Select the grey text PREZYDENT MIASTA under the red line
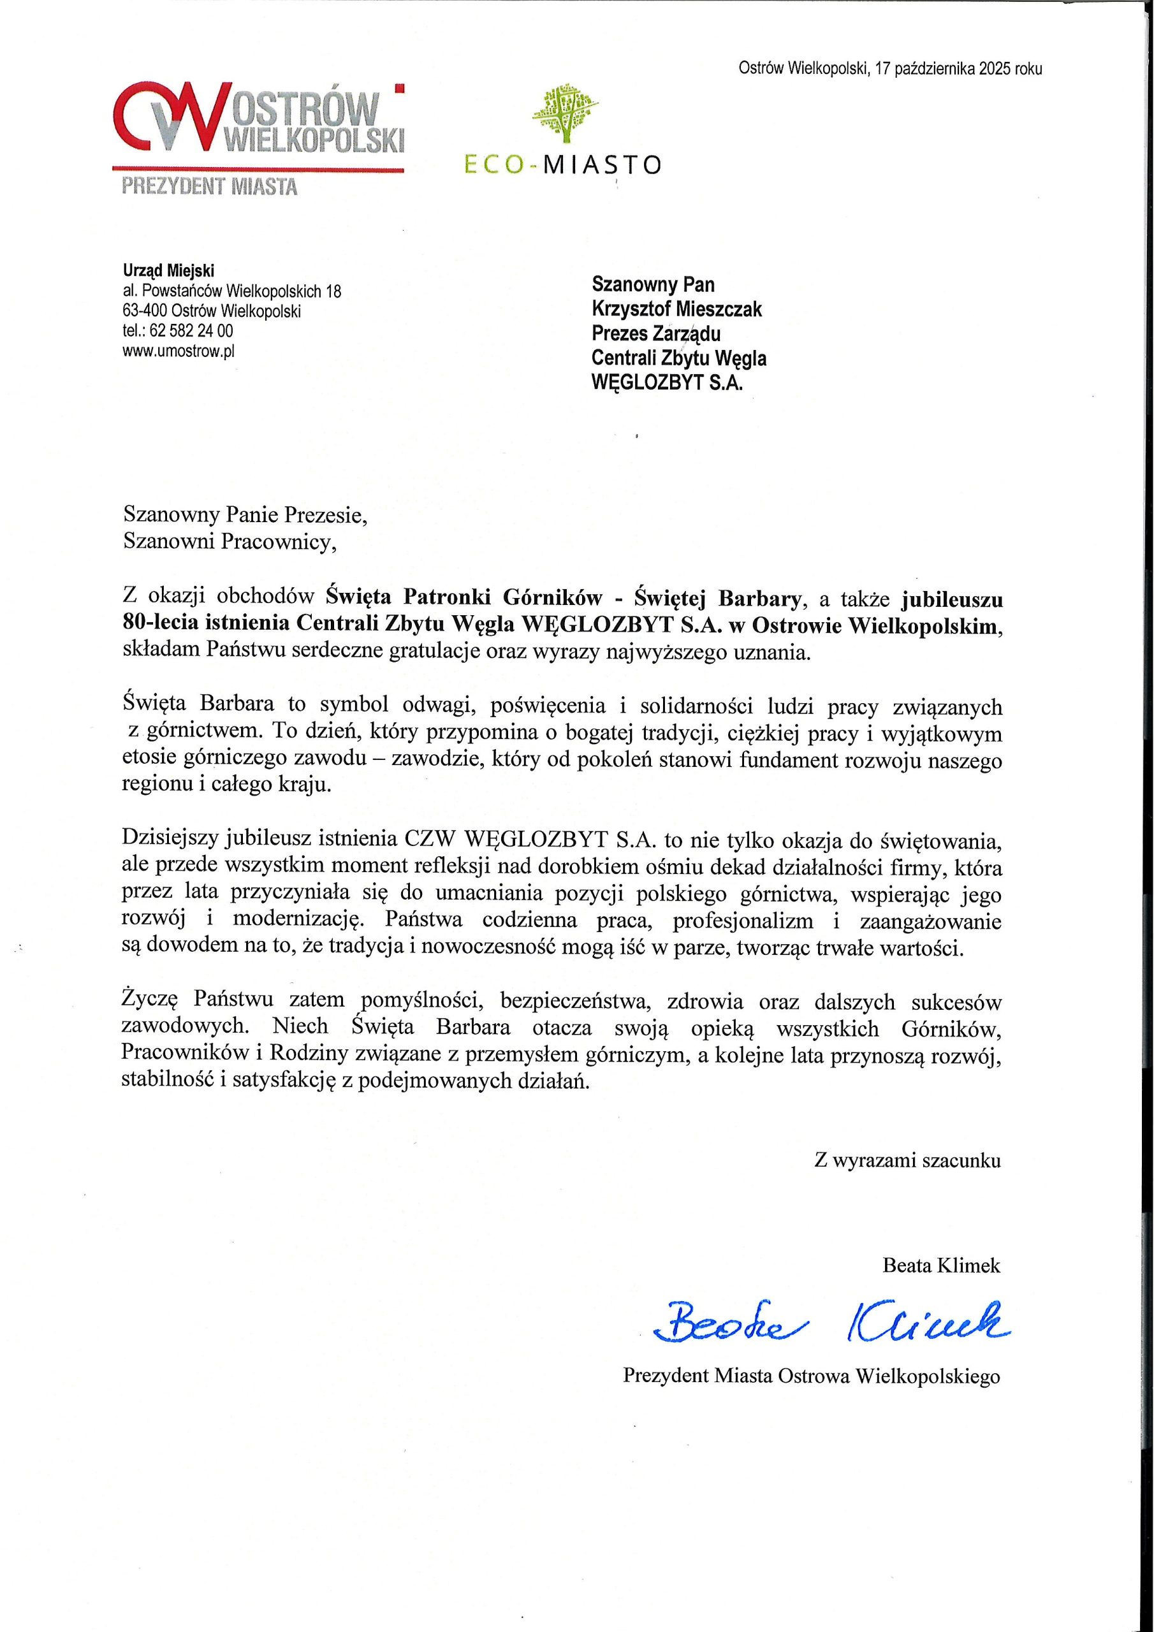(210, 187)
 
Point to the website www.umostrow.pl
(179, 351)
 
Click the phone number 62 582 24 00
(191, 330)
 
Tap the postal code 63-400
(144, 310)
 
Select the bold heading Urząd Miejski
(168, 270)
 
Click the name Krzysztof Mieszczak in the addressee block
(677, 309)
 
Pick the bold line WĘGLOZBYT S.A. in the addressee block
(667, 383)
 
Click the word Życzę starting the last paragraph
(149, 1001)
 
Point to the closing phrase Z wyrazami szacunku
(907, 1161)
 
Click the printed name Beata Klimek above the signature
(940, 1265)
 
